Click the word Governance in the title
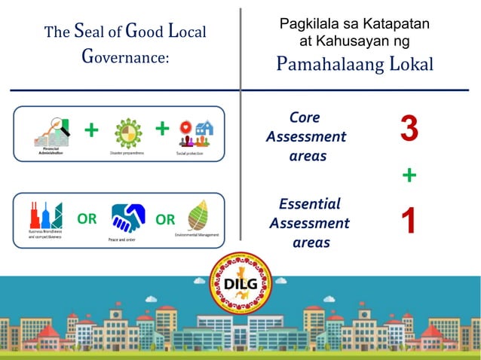[x=124, y=59]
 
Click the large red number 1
[x=408, y=222]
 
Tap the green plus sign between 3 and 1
[x=409, y=175]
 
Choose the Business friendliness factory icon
[x=44, y=215]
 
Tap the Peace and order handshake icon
[x=127, y=218]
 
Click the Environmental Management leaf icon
[x=198, y=215]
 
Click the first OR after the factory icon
[x=87, y=219]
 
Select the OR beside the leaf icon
[x=164, y=219]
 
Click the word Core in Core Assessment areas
[x=305, y=117]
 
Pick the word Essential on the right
[x=309, y=203]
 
